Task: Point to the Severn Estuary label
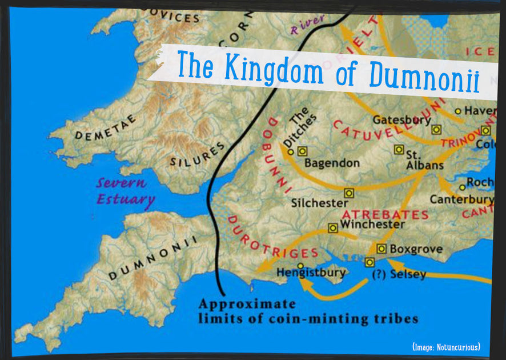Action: tap(125, 192)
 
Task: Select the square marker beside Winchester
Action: tap(333, 228)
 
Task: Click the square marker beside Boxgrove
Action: tap(381, 249)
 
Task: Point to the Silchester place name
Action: tap(319, 203)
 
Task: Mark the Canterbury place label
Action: tap(461, 199)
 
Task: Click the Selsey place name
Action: tap(407, 275)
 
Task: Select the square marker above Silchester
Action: tap(349, 193)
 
